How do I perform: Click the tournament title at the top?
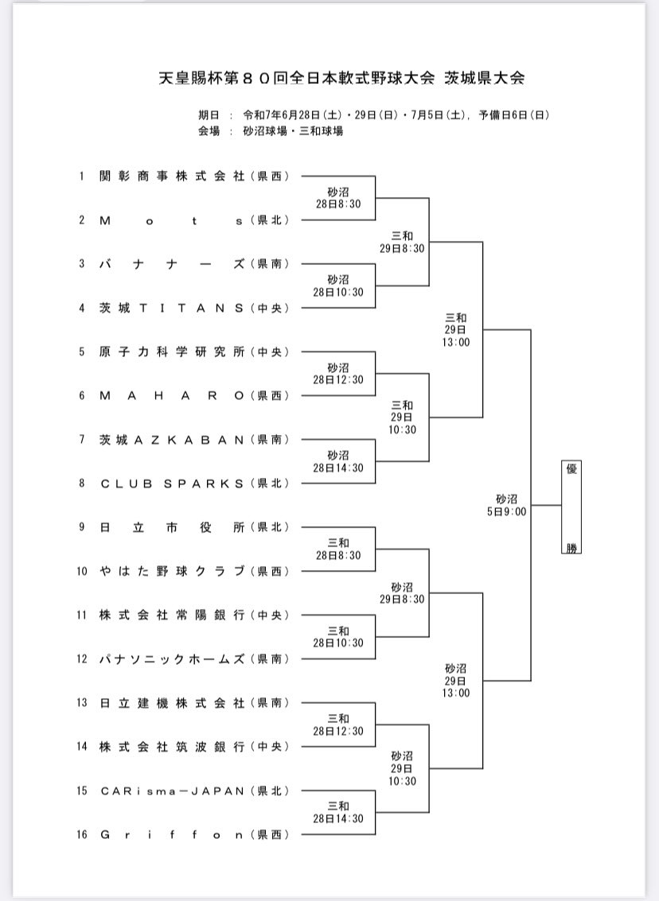tap(341, 78)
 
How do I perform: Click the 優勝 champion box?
tap(571, 507)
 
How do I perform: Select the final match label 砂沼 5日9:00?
tap(506, 505)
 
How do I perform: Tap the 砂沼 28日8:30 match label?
tap(338, 198)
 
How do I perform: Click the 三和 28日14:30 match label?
tap(338, 813)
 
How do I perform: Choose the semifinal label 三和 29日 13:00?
tap(455, 330)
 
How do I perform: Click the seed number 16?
tap(82, 834)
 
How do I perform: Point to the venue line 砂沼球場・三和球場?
tap(293, 131)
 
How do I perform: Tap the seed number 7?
tap(82, 440)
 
